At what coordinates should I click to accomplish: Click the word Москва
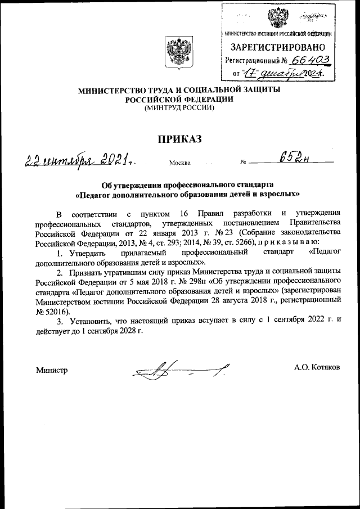(x=179, y=164)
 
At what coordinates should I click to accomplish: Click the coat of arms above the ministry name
(x=172, y=54)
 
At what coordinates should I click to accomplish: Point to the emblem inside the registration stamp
(x=276, y=17)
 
